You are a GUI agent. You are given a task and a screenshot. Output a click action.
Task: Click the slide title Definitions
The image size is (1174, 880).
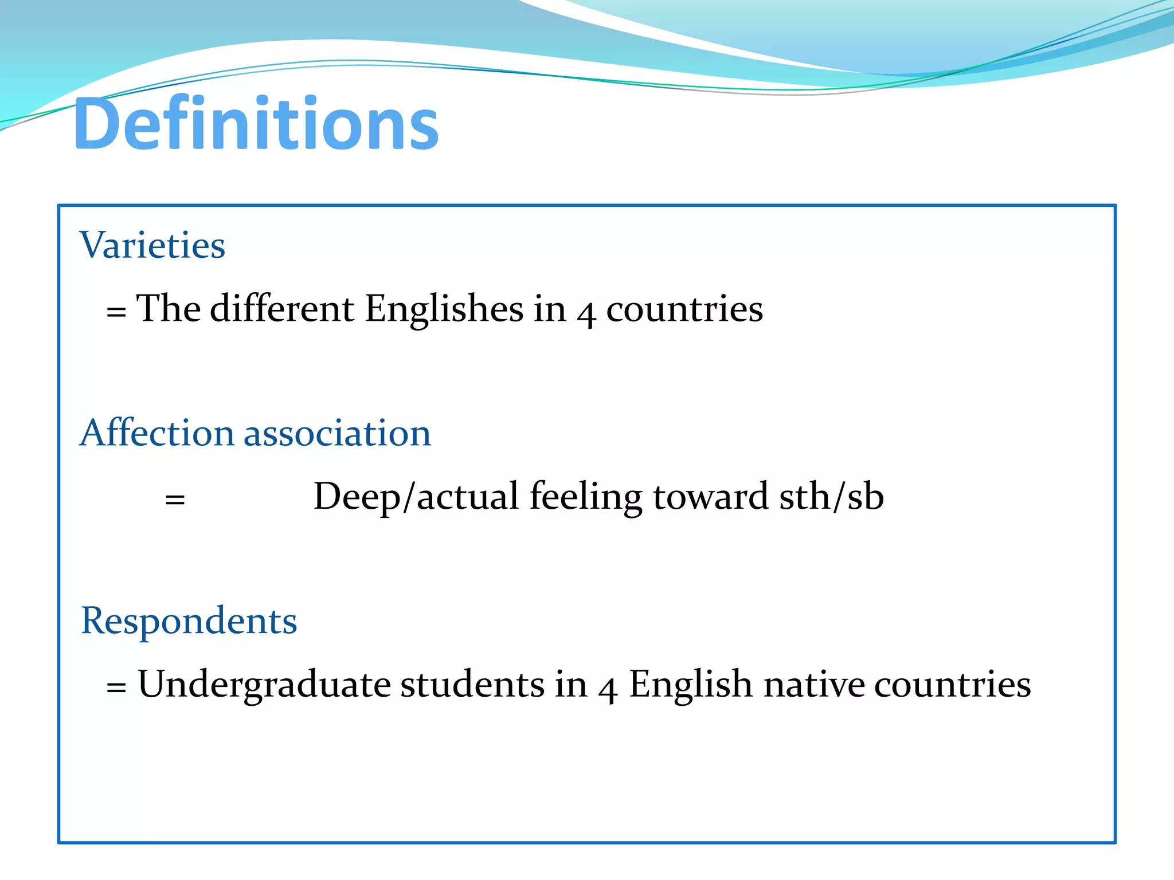click(256, 124)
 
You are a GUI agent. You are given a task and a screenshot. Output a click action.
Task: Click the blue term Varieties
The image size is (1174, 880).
click(152, 245)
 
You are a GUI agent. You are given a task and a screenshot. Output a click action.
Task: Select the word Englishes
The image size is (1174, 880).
click(444, 309)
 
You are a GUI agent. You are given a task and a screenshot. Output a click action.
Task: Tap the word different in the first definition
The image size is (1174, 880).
click(282, 309)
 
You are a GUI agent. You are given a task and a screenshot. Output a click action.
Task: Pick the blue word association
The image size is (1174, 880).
click(337, 433)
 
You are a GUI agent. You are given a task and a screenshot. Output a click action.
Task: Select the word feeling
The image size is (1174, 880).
click(586, 497)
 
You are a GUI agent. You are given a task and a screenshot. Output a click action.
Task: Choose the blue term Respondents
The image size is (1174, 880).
click(189, 621)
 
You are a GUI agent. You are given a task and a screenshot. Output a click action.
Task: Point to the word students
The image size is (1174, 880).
click(472, 684)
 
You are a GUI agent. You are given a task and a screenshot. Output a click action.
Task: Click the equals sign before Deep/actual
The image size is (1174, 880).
click(175, 500)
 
